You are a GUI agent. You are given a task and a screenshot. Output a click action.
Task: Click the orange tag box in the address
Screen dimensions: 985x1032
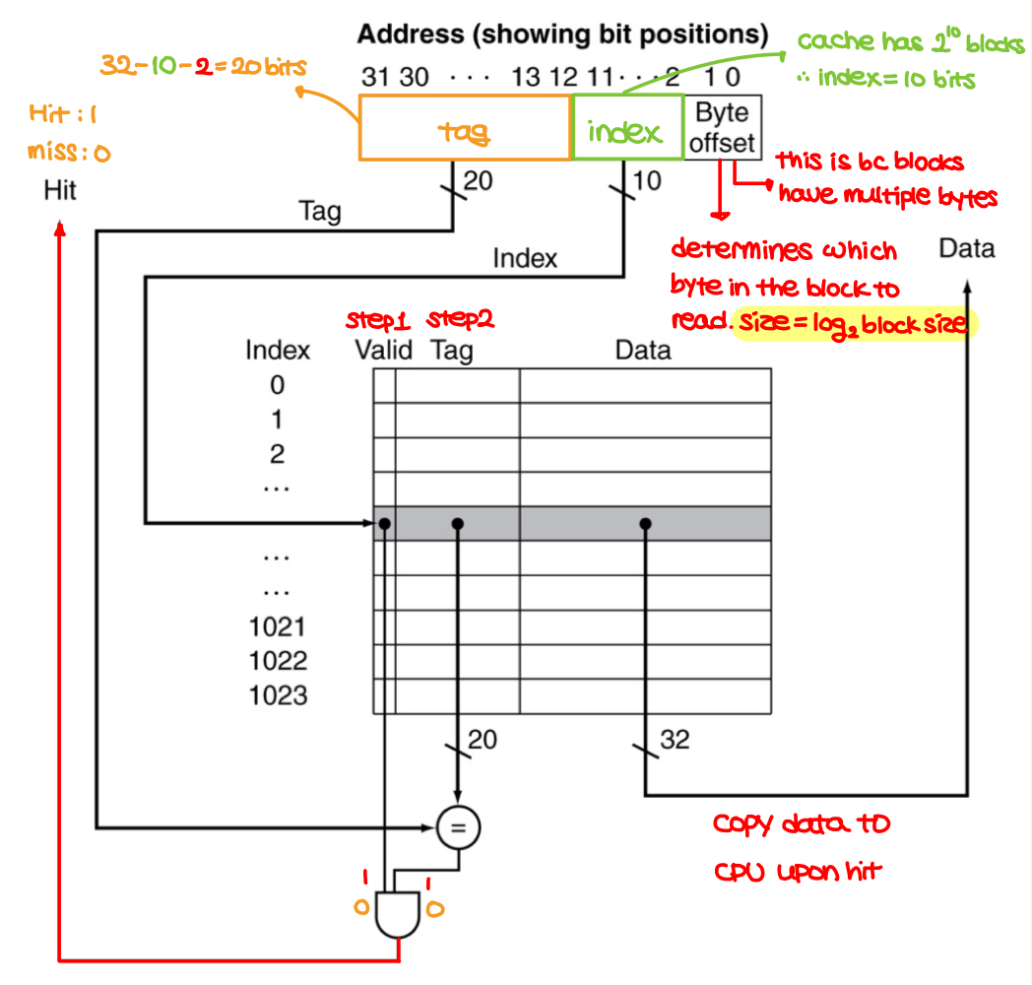465,127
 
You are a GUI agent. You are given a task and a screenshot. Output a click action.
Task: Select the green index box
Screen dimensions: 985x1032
627,127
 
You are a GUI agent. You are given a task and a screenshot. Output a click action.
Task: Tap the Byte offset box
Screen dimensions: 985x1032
722,127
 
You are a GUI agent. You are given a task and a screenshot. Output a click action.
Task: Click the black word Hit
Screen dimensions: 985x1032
60,190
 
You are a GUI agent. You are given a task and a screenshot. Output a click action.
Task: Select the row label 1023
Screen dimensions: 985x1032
278,695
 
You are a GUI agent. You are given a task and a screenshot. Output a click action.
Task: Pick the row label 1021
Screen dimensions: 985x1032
278,627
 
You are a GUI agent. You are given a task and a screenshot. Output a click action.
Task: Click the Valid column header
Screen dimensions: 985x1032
383,350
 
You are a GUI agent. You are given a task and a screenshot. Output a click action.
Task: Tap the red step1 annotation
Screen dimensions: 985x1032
377,321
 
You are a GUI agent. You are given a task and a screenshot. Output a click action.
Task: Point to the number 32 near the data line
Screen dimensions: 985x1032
675,739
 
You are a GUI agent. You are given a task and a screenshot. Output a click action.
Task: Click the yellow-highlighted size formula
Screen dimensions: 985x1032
855,322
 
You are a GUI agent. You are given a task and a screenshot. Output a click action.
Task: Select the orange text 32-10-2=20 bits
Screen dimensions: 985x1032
203,66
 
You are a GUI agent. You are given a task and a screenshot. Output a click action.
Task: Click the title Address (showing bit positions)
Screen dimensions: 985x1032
562,35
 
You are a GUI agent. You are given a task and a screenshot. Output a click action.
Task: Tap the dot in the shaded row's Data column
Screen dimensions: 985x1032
645,524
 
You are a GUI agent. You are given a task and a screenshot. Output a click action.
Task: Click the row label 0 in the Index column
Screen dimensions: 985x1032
277,385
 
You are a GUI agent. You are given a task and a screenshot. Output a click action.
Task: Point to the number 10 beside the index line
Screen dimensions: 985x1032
649,181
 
